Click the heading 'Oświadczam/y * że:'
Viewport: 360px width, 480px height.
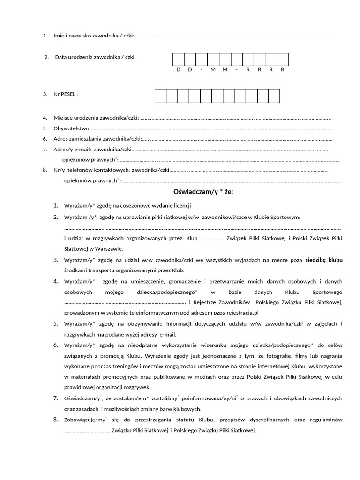coord(203,192)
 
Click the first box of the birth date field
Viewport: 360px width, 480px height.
coord(179,60)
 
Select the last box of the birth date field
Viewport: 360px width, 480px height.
coord(283,60)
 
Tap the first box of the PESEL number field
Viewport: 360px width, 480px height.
coord(160,96)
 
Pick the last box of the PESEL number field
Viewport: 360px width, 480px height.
coord(274,96)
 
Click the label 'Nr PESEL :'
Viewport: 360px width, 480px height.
coord(66,94)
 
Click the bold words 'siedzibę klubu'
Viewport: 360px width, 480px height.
coord(324,260)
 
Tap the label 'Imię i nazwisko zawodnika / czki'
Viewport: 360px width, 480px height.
coord(94,36)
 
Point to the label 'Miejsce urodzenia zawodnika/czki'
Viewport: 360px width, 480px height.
coord(96,118)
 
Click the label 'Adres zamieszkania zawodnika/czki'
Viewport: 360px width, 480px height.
coord(97,139)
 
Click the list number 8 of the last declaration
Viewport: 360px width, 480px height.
coord(55,419)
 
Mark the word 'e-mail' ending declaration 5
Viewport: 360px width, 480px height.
coord(167,334)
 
